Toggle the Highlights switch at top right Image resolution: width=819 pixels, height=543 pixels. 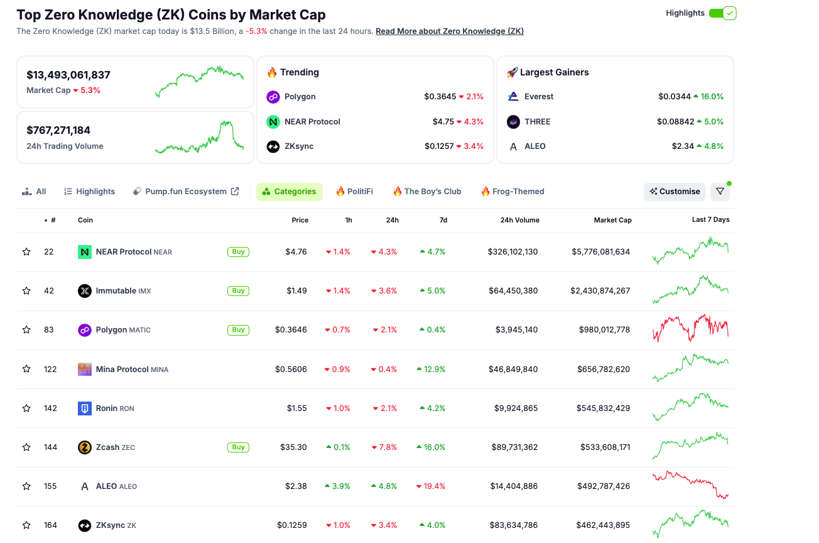coord(722,13)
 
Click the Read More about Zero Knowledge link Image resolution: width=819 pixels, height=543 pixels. coord(450,31)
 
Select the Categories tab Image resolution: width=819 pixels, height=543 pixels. coord(290,192)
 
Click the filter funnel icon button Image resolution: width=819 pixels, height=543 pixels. coord(720,192)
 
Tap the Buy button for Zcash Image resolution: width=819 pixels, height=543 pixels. coord(238,447)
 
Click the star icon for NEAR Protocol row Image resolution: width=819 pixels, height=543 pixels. coord(26,252)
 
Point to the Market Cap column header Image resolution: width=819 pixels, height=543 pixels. coord(612,220)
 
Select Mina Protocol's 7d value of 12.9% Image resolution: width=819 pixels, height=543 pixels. coord(431,370)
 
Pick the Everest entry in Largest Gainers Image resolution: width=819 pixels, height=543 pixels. coord(539,97)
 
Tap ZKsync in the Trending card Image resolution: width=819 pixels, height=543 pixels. coord(298,146)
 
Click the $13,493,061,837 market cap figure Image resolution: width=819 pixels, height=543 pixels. coord(68,75)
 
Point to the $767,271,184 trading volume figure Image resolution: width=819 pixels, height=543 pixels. coord(58,130)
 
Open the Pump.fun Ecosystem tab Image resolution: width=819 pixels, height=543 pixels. coord(186,192)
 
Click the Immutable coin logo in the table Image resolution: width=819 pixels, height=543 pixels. coord(85,291)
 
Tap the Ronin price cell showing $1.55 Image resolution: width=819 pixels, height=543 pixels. coord(296,409)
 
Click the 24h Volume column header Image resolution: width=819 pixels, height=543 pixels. coord(519,220)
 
